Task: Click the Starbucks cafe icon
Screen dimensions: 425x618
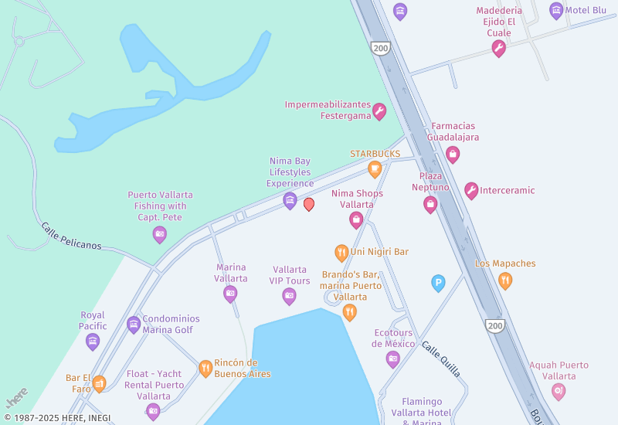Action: point(375,168)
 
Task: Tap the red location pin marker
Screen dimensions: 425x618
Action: point(309,204)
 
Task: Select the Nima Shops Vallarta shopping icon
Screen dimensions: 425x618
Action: point(356,220)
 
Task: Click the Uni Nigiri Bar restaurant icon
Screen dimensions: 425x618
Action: point(341,252)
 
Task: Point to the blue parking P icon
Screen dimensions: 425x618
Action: point(438,284)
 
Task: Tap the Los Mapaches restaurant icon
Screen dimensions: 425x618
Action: point(505,280)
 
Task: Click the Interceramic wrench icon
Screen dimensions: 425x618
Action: point(471,191)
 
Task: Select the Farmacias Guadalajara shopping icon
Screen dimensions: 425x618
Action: point(453,155)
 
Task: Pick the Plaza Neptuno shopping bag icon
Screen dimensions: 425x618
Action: point(430,204)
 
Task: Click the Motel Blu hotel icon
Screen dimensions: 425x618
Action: point(556,11)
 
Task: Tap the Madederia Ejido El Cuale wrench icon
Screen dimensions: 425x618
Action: point(499,49)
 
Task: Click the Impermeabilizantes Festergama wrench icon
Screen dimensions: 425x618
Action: point(379,112)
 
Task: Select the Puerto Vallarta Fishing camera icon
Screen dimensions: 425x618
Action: point(160,234)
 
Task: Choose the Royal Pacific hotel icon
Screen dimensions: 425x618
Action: point(93,341)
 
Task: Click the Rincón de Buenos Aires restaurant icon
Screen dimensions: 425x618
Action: point(205,369)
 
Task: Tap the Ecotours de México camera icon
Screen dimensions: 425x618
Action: point(393,359)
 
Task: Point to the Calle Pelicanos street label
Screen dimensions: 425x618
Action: point(71,236)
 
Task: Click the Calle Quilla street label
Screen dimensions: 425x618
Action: point(441,359)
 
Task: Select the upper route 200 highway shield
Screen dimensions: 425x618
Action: point(379,48)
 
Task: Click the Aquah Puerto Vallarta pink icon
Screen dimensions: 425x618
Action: point(559,392)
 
